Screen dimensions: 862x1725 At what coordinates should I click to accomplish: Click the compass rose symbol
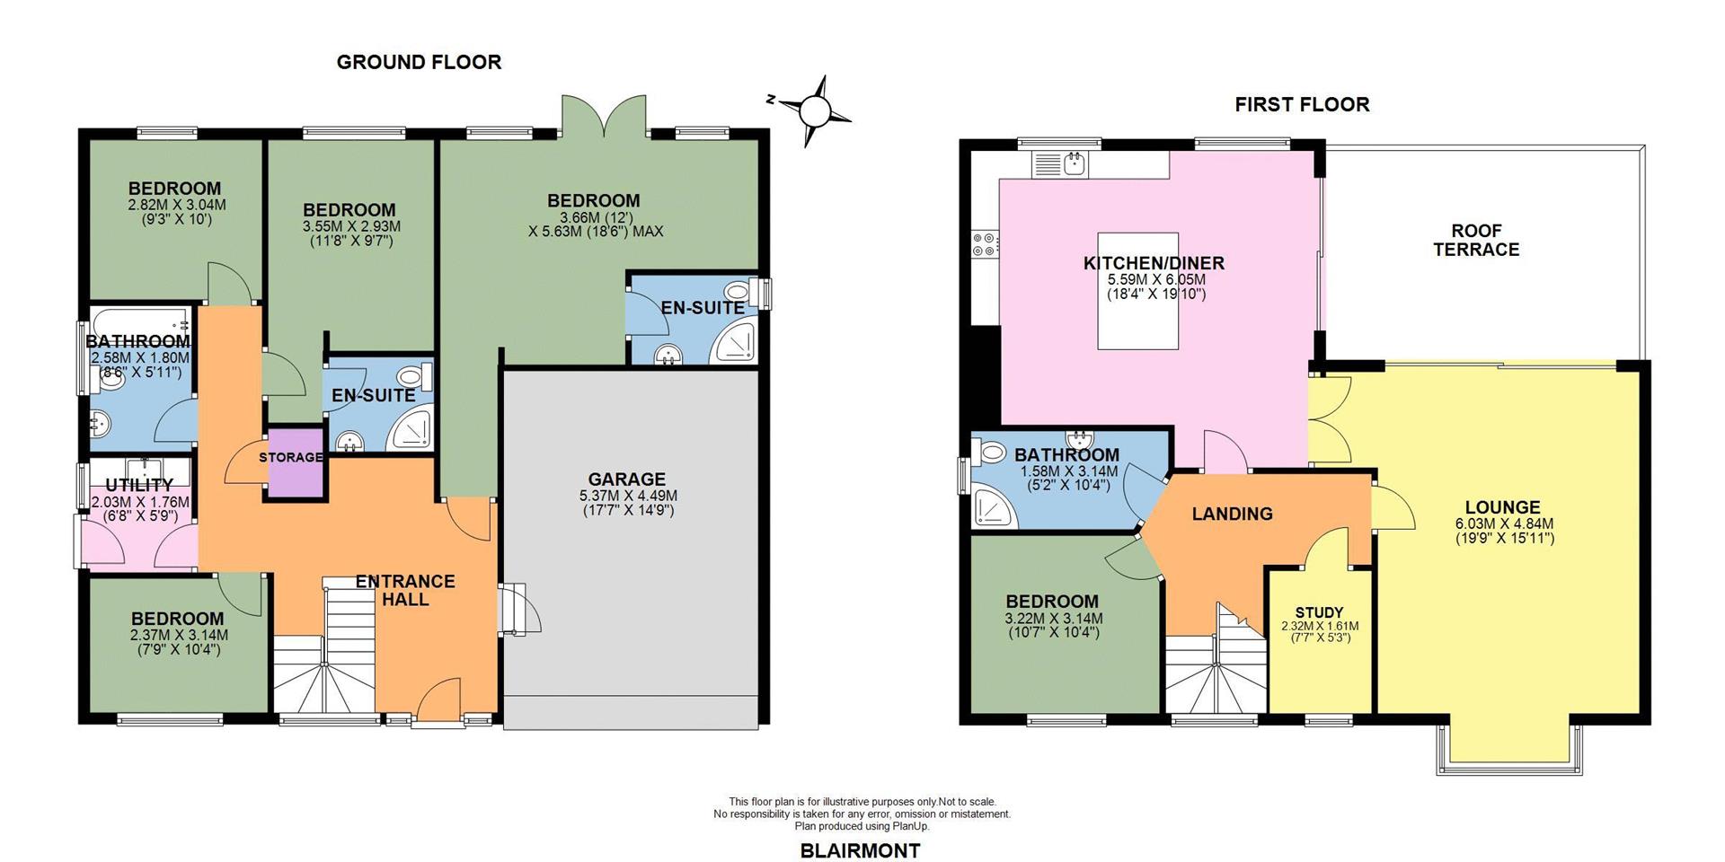815,111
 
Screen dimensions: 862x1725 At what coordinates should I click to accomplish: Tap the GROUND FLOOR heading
419,62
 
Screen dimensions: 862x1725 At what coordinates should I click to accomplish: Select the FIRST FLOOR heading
1302,104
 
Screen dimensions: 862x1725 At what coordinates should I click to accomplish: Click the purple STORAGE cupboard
294,462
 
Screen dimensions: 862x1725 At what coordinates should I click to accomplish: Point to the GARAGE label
627,479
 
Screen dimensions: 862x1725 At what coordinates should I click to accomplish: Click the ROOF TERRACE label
1476,240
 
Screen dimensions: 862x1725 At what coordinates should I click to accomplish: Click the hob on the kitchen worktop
984,244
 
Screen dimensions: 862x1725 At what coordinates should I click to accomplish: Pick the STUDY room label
1319,612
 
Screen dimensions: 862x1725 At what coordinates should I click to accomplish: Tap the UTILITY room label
138,486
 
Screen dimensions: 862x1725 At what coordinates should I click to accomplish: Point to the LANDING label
1232,514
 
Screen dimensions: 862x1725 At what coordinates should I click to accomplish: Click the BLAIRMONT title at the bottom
860,850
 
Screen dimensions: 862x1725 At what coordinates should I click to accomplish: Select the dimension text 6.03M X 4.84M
1504,523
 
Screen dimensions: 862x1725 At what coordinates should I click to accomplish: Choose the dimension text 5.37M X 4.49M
628,496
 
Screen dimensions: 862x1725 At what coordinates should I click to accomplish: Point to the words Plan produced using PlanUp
862,826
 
